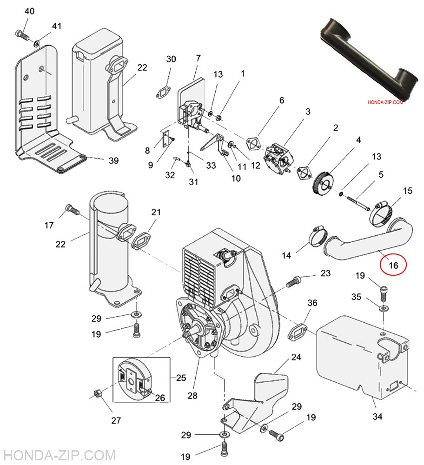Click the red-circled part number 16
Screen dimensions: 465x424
coord(393,266)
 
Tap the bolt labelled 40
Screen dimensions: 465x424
coord(22,34)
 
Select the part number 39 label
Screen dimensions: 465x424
coord(113,161)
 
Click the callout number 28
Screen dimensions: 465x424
coord(192,396)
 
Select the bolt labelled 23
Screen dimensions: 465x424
coord(294,281)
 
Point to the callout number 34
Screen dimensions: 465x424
coord(378,416)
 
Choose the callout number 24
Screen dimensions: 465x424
coord(296,357)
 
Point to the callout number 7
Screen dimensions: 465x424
coord(198,59)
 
